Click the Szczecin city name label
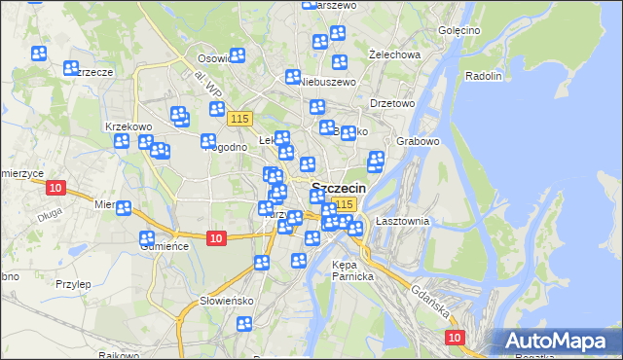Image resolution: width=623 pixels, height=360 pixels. tap(339, 188)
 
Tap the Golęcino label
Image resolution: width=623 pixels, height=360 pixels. tap(458, 30)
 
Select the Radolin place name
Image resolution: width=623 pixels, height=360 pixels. tap(484, 76)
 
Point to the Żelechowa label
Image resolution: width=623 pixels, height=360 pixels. tap(395, 54)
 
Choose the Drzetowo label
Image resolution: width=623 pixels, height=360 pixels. tap(393, 103)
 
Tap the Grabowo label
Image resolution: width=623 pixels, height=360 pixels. tap(419, 141)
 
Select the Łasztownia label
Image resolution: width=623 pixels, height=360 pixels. tap(402, 222)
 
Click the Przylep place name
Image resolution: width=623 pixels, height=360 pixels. tap(73, 284)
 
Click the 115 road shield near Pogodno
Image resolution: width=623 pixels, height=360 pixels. tap(240, 118)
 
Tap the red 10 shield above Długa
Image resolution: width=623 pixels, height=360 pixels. tap(55, 188)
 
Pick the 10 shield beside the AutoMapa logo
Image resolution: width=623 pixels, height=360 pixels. tap(455, 337)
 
